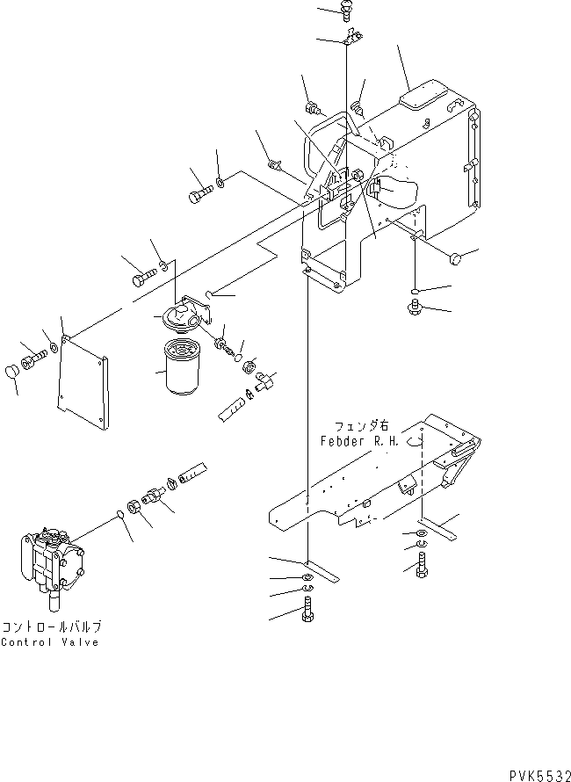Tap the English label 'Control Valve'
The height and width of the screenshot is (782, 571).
pos(50,641)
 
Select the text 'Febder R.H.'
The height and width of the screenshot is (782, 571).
pos(360,443)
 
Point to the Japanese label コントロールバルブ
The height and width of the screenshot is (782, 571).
pos(52,626)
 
